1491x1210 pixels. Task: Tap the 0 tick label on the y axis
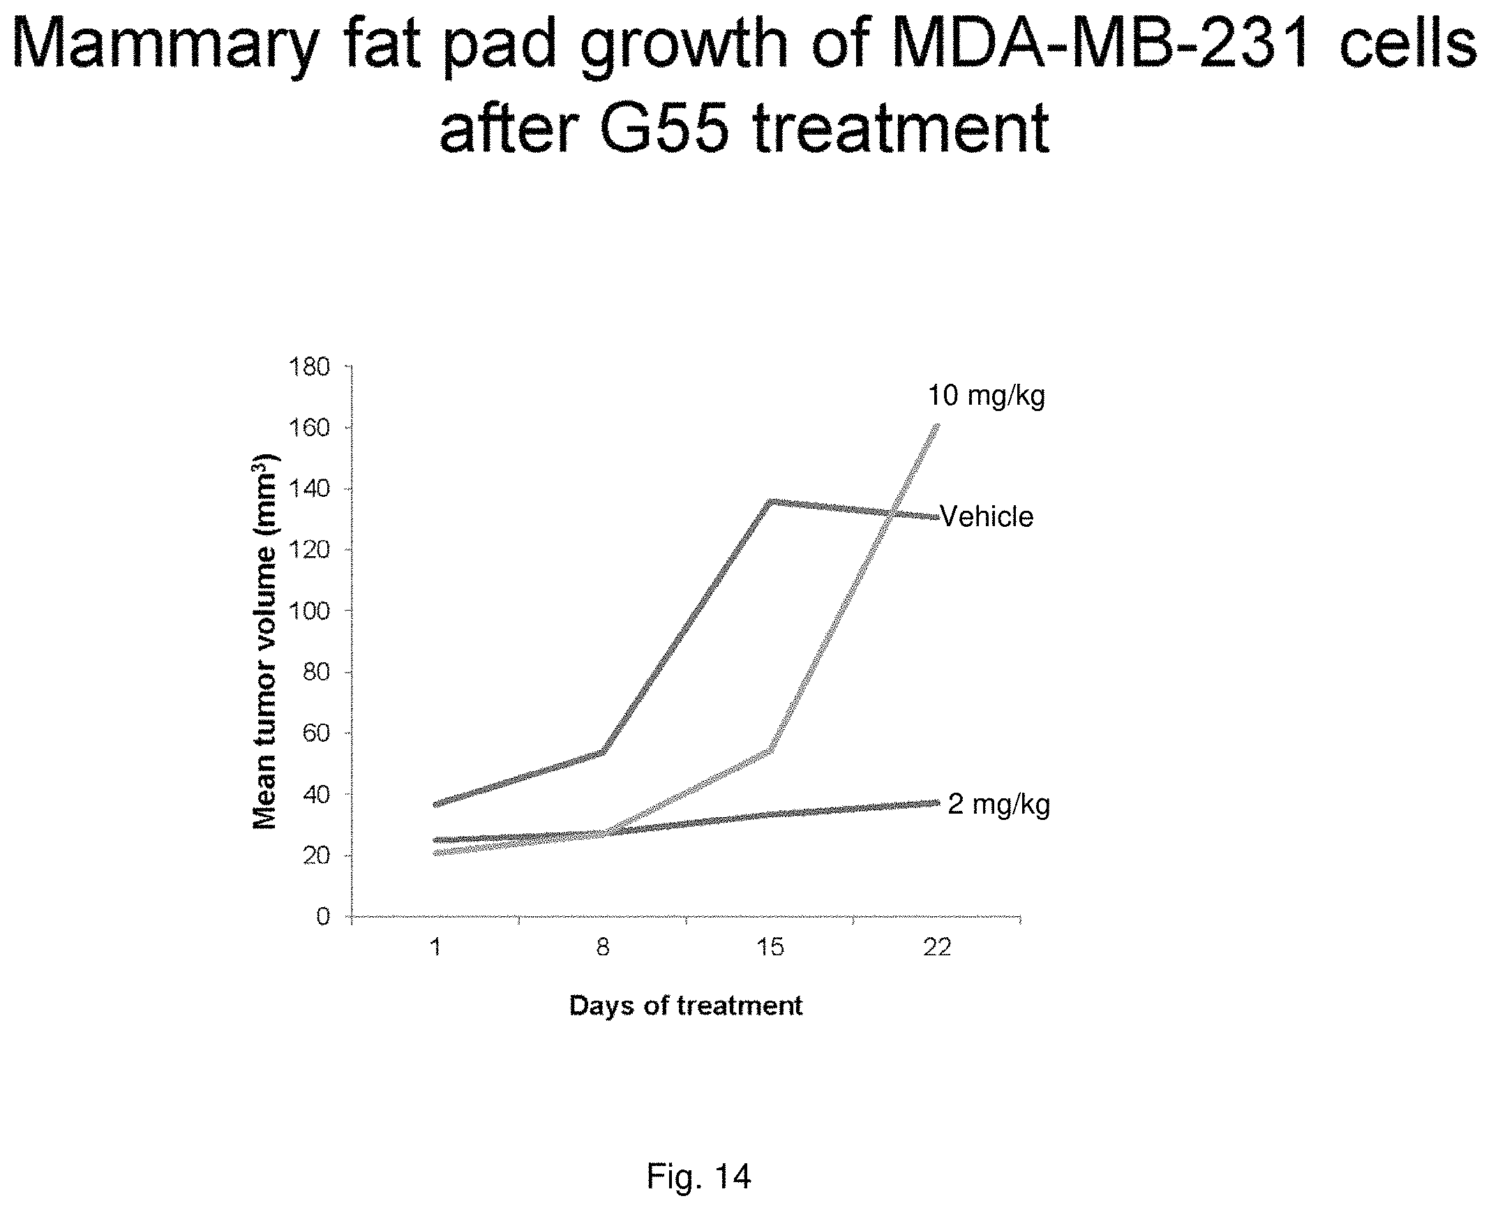click(322, 916)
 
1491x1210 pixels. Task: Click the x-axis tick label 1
click(436, 948)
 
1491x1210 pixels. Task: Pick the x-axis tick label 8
click(604, 948)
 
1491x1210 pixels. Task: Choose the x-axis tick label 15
click(770, 948)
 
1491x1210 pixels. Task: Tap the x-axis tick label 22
click(937, 948)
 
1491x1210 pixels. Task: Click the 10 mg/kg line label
click(987, 397)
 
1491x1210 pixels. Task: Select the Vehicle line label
click(987, 517)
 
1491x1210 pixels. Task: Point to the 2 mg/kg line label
click(999, 805)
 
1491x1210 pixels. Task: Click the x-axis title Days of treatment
click(687, 1006)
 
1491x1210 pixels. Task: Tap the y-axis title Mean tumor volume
click(265, 641)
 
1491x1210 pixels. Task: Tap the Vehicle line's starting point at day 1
click(435, 805)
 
